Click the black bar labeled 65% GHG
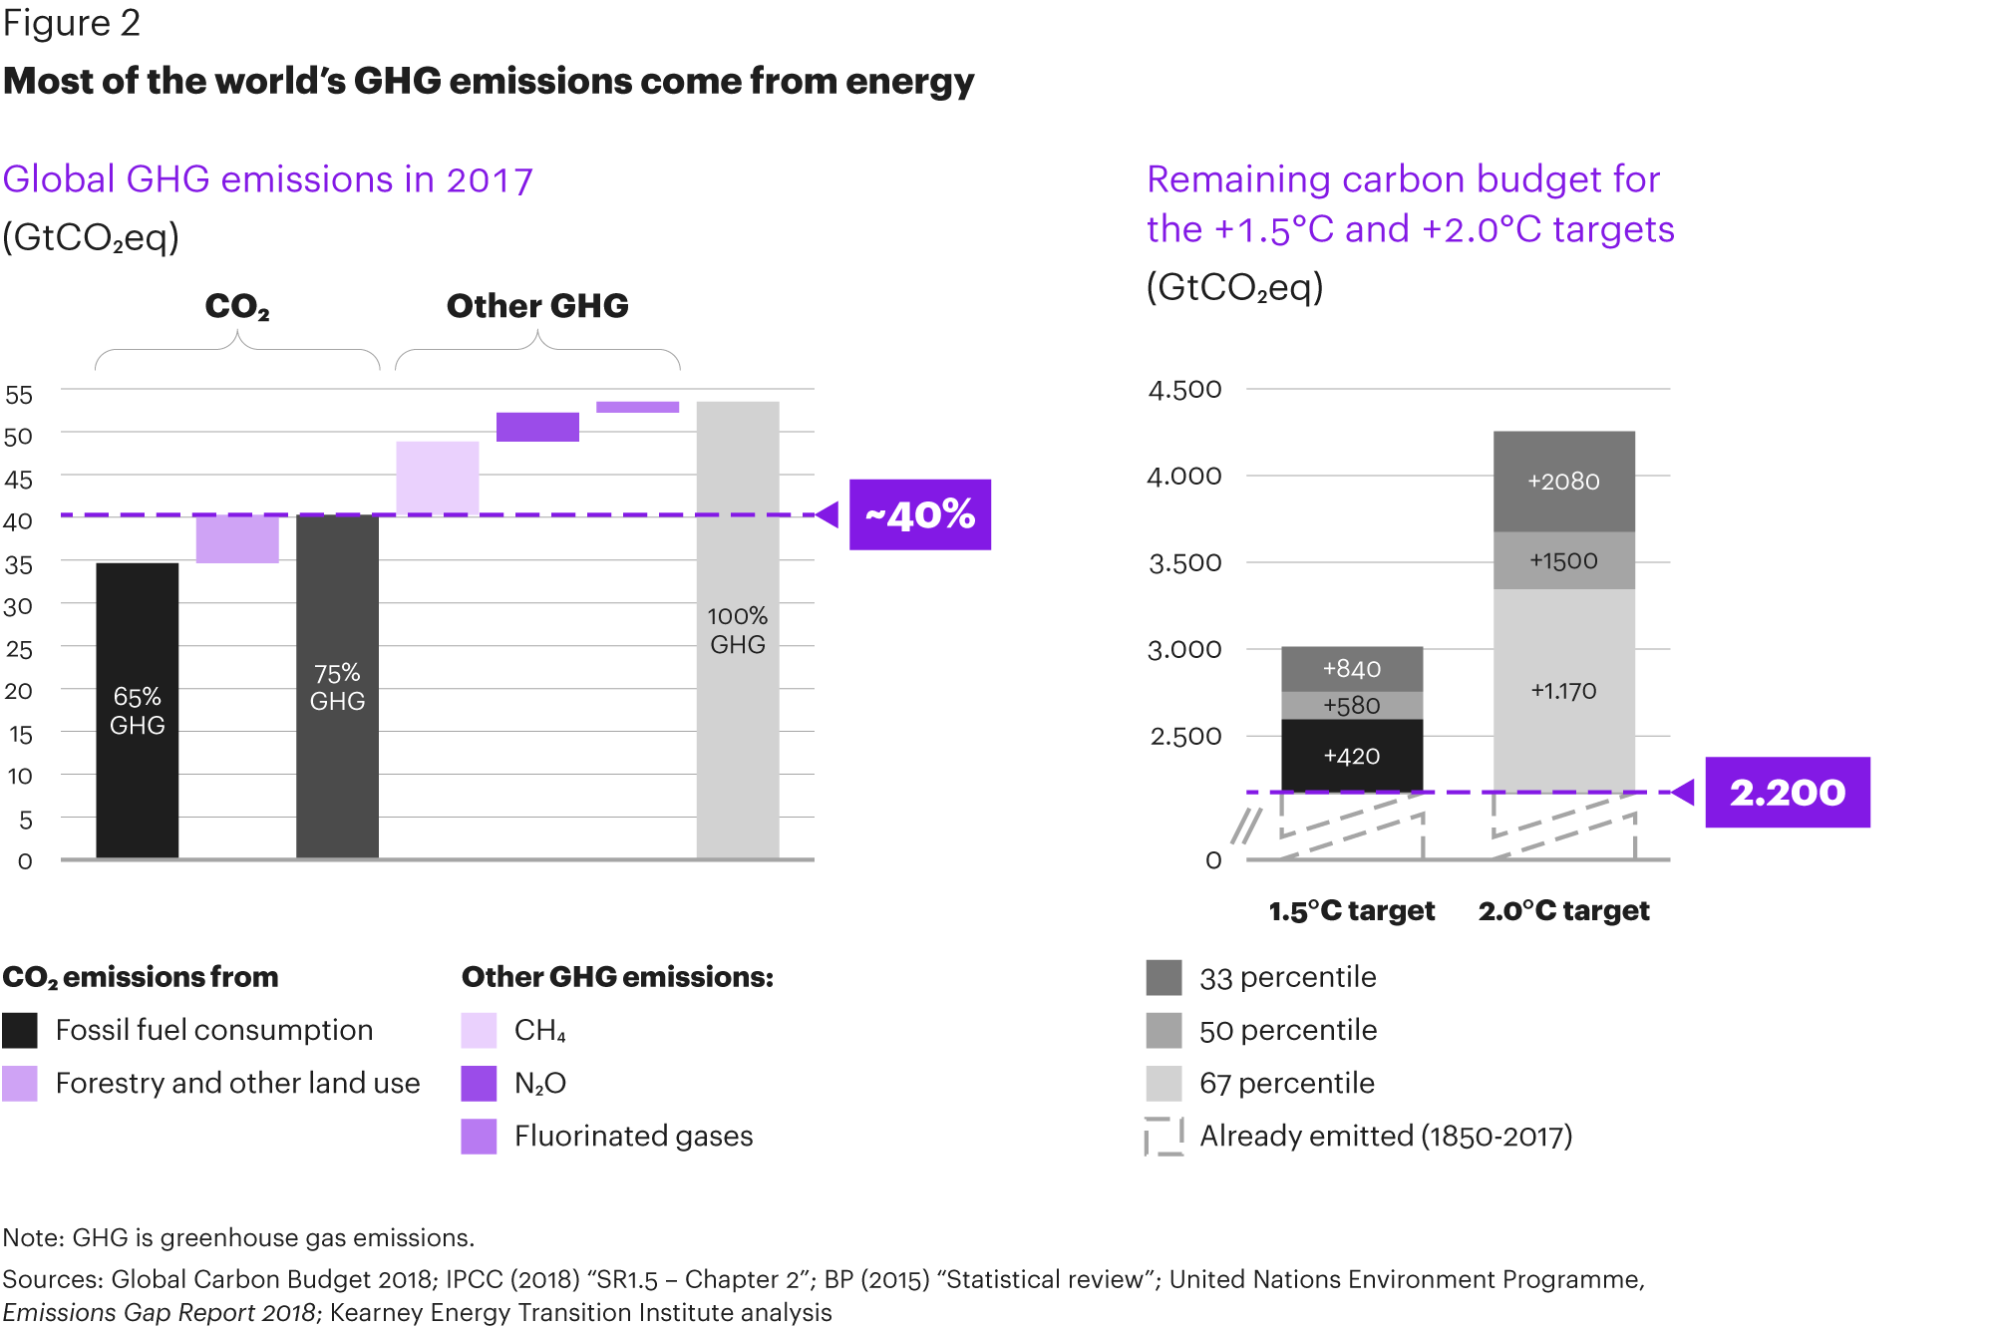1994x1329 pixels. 137,710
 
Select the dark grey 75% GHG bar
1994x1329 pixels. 337,686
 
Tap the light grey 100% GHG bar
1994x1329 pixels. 737,629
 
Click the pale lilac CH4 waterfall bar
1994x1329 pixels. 437,478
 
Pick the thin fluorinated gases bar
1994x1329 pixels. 637,407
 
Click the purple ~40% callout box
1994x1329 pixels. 919,514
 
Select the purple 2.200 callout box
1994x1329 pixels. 1787,792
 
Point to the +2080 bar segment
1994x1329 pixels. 1563,482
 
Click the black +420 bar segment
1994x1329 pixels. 1351,756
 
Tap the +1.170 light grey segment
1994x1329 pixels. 1563,690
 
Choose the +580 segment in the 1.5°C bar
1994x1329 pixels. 1351,705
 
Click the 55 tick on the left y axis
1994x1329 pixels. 19,395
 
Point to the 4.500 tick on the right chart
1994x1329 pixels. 1184,389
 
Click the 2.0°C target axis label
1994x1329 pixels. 1563,910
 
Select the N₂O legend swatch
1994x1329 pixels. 479,1083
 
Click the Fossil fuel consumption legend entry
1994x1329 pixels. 213,1030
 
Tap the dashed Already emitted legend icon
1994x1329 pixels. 1163,1136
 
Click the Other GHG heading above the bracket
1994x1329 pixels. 537,305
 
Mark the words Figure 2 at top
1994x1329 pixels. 71,23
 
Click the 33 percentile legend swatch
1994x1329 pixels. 1163,977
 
